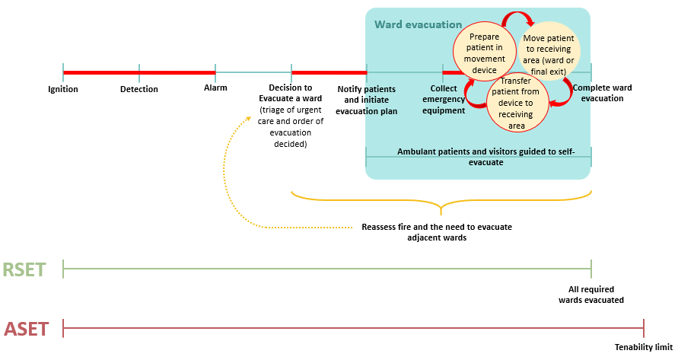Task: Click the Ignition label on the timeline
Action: [x=63, y=89]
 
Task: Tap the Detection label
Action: [x=139, y=89]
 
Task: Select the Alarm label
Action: [x=215, y=88]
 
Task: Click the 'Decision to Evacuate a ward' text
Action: [x=291, y=93]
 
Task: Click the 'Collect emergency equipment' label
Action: [x=443, y=99]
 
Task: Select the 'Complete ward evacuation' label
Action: [x=602, y=93]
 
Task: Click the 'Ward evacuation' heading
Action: [x=418, y=24]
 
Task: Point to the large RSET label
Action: [x=24, y=269]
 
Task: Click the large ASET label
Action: [x=26, y=329]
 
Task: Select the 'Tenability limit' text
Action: [x=644, y=348]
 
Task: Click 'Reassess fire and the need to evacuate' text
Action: [x=436, y=227]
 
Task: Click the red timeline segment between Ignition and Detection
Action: [x=101, y=73]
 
